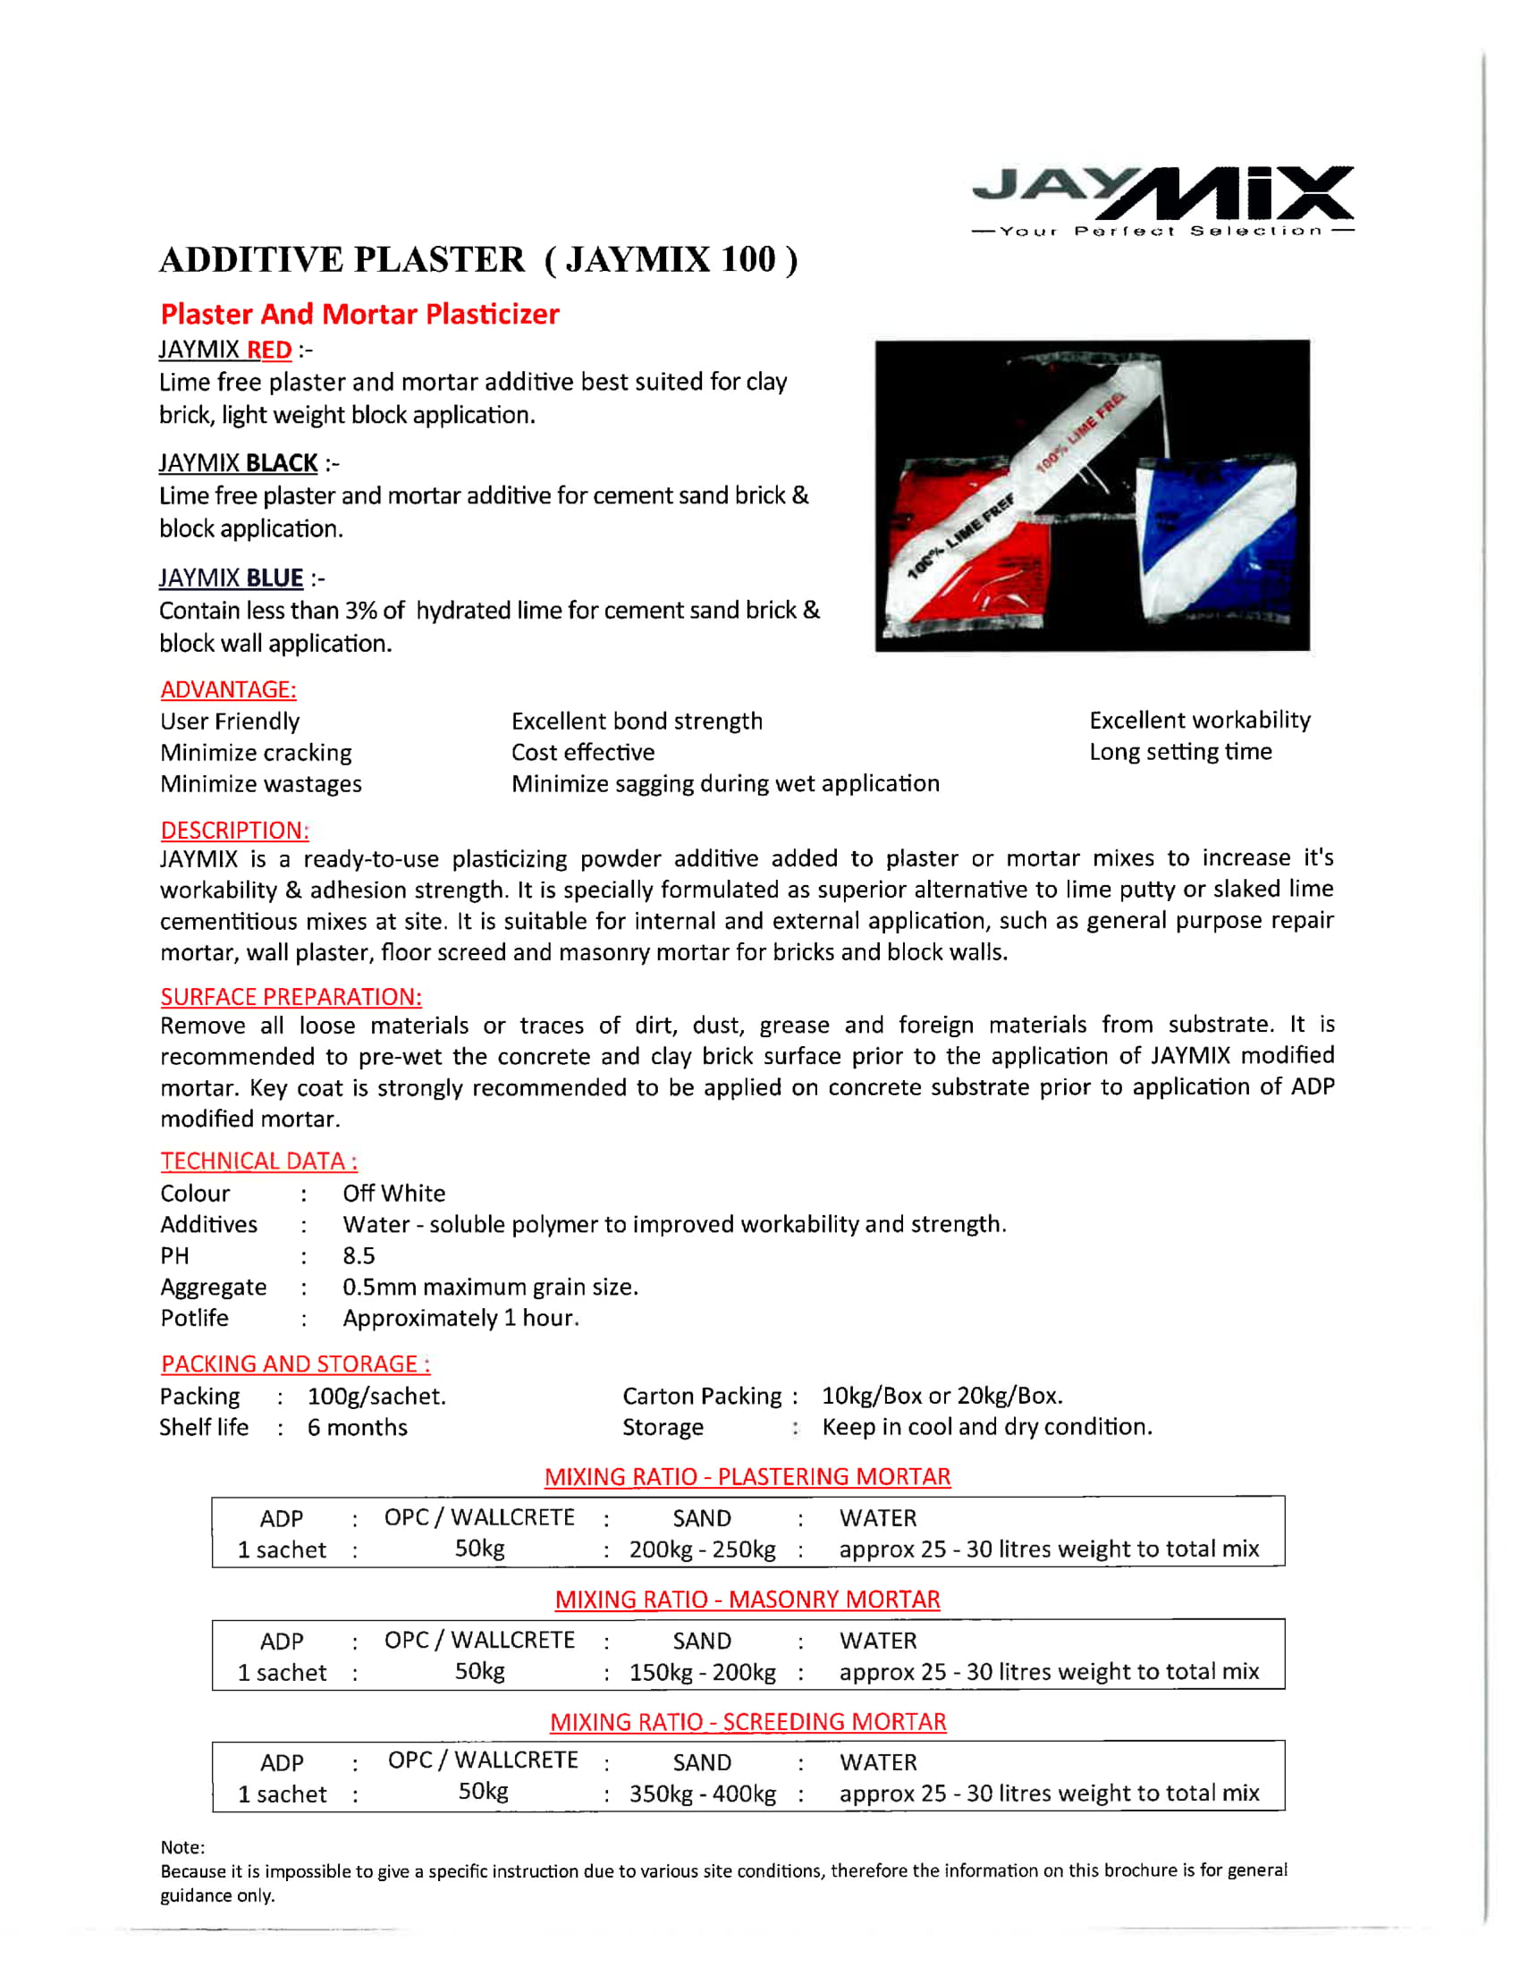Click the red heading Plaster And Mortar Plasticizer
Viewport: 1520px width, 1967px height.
point(359,314)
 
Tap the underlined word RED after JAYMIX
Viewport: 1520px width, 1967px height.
point(269,350)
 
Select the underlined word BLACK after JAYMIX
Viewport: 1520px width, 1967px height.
point(281,463)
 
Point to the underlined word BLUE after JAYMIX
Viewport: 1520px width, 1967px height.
point(274,578)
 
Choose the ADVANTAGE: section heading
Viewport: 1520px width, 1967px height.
point(228,689)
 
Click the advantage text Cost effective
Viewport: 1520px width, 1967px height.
point(583,752)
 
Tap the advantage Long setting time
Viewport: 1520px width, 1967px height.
point(1179,751)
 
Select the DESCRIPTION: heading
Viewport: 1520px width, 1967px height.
point(234,830)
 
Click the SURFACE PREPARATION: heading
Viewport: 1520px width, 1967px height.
point(291,996)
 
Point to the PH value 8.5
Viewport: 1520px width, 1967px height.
point(359,1255)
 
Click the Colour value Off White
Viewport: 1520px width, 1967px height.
point(393,1194)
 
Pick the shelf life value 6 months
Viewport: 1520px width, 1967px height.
point(357,1428)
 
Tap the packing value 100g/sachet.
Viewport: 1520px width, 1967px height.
point(376,1396)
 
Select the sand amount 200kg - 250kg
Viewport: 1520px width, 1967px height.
point(703,1549)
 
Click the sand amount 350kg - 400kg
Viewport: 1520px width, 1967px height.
point(703,1794)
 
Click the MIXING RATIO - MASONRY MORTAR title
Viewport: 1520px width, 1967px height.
point(747,1600)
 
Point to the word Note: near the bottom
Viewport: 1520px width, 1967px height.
point(182,1847)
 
